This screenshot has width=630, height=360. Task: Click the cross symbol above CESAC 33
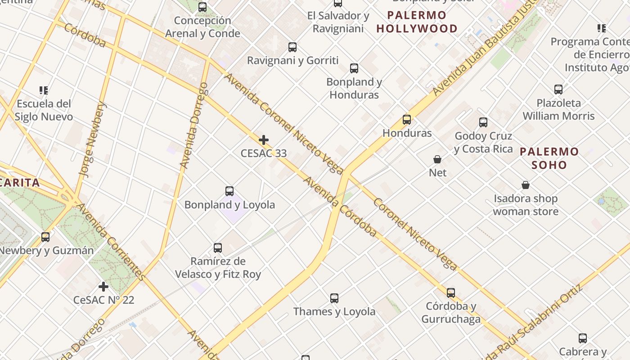pyautogui.click(x=264, y=140)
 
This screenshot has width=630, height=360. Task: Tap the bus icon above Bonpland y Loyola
pyautogui.click(x=229, y=191)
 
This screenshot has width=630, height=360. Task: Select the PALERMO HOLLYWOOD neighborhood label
pyautogui.click(x=417, y=22)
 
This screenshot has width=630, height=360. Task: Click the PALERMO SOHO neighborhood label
pyautogui.click(x=549, y=158)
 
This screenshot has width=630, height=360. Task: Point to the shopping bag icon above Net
pyautogui.click(x=437, y=159)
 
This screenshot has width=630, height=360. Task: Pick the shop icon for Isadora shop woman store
pyautogui.click(x=525, y=185)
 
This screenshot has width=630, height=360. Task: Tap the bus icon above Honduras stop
pyautogui.click(x=407, y=120)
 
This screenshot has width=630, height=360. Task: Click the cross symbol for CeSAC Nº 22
pyautogui.click(x=103, y=286)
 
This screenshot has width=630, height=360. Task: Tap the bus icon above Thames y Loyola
pyautogui.click(x=334, y=298)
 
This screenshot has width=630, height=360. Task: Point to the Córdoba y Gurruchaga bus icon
pyautogui.click(x=451, y=293)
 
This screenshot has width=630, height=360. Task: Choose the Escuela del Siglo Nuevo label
pyautogui.click(x=44, y=110)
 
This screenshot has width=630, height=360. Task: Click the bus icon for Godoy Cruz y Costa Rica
pyautogui.click(x=483, y=122)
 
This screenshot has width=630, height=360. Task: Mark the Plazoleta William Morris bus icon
pyautogui.click(x=558, y=90)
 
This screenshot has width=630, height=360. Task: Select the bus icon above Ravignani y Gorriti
pyautogui.click(x=292, y=47)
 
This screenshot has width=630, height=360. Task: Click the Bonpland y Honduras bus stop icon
pyautogui.click(x=354, y=68)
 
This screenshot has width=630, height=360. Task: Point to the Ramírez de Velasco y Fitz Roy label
pyautogui.click(x=218, y=267)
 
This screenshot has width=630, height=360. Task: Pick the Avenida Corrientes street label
pyautogui.click(x=110, y=242)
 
